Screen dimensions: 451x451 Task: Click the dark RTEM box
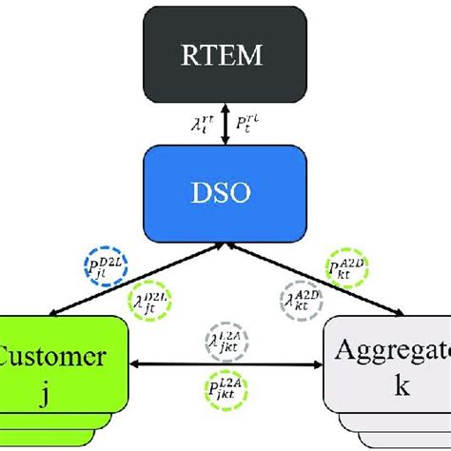(225, 54)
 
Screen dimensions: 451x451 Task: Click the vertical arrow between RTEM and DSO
(225, 123)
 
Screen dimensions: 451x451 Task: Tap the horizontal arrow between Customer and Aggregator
(225, 364)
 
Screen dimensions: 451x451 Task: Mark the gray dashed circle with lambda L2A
(225, 341)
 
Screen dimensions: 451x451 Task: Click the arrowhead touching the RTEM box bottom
(225, 105)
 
